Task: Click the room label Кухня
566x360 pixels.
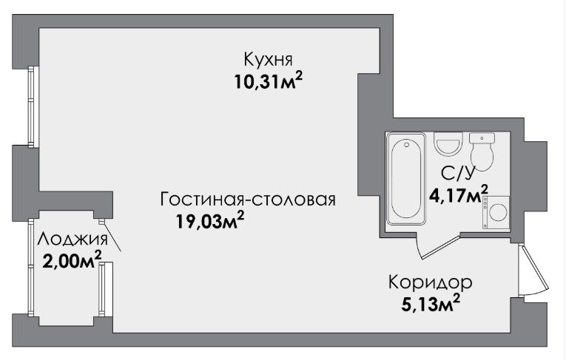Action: [x=268, y=59]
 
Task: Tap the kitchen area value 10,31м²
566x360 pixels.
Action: [x=268, y=81]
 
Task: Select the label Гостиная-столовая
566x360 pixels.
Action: [x=248, y=200]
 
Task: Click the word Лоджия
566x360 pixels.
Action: [x=73, y=240]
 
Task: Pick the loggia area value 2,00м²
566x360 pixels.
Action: [x=72, y=259]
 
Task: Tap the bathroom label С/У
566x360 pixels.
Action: [x=457, y=174]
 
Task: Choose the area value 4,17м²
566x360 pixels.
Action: [x=459, y=195]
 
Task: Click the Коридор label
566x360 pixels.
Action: [x=431, y=282]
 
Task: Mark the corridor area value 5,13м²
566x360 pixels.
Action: [x=431, y=304]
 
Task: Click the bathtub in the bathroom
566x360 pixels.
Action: [x=406, y=179]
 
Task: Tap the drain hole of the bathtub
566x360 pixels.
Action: [x=407, y=145]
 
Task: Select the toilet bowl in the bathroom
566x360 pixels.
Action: [x=482, y=157]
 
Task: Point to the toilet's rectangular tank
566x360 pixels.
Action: [x=482, y=138]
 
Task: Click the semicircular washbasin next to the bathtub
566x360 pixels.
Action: [x=448, y=143]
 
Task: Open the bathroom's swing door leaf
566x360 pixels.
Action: [x=441, y=246]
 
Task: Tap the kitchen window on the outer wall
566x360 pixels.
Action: [x=33, y=106]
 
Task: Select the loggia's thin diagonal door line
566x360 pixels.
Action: [x=112, y=237]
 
